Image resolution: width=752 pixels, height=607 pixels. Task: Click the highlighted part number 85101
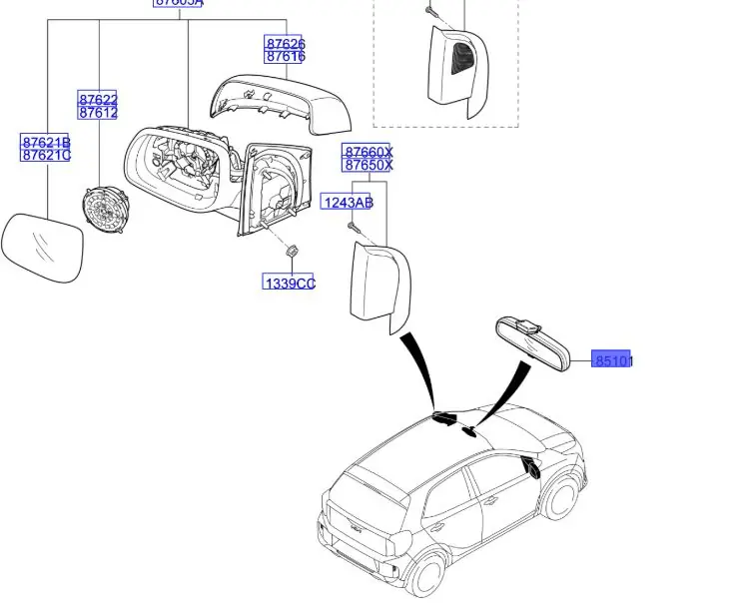(613, 359)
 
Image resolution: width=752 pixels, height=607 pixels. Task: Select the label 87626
(285, 44)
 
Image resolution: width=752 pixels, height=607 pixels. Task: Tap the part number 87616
(285, 58)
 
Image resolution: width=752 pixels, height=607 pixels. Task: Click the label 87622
(98, 99)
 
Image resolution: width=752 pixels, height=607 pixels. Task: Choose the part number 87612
(98, 113)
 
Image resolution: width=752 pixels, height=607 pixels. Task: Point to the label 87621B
(46, 142)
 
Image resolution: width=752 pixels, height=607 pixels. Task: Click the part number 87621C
(46, 155)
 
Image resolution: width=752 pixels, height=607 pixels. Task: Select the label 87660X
(368, 152)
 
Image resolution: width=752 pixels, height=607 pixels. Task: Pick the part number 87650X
(368, 165)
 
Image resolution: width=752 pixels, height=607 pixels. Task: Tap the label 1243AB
(348, 203)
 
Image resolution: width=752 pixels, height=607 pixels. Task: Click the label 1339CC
(289, 284)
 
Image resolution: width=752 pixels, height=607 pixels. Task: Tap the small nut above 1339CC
(291, 253)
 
